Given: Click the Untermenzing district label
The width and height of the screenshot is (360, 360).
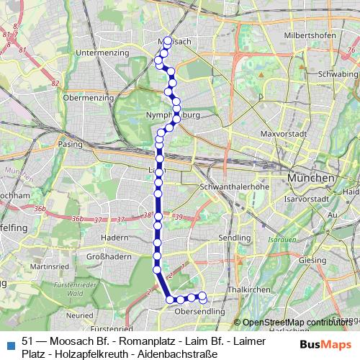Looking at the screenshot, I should [x=103, y=53].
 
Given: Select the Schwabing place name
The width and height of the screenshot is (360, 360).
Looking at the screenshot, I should [x=338, y=74].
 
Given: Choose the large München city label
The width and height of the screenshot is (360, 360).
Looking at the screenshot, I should [x=310, y=177].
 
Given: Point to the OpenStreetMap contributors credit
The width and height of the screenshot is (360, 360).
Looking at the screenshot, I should [x=297, y=322].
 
